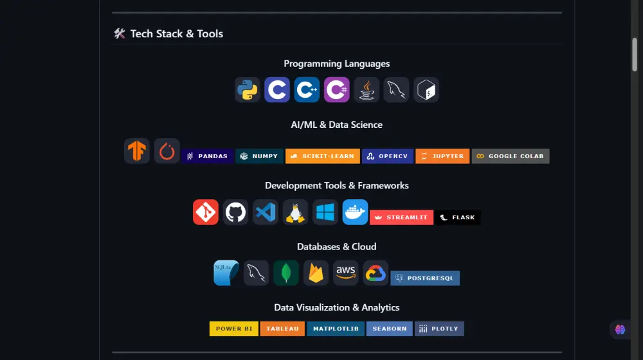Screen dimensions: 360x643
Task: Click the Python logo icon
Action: click(248, 90)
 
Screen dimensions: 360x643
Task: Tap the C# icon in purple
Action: click(337, 90)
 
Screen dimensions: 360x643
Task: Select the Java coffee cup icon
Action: click(367, 90)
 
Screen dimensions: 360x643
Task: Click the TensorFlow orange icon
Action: click(137, 151)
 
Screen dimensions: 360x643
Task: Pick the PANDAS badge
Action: click(207, 156)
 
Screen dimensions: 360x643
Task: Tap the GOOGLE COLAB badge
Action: click(511, 156)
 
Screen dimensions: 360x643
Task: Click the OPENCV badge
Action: click(387, 156)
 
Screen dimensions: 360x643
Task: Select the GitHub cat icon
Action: click(236, 212)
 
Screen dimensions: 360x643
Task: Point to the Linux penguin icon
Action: click(295, 212)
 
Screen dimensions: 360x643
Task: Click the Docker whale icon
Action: click(355, 212)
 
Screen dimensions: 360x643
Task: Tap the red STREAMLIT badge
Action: click(401, 217)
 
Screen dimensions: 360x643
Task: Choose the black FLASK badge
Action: click(458, 217)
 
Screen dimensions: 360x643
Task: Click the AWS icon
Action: click(346, 273)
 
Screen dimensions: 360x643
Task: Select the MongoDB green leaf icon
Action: click(286, 273)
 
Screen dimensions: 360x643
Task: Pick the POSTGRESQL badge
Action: click(425, 278)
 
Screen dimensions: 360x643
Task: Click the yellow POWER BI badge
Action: click(234, 328)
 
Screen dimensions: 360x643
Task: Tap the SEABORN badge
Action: click(390, 328)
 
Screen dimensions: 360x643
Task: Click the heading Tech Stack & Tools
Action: click(176, 33)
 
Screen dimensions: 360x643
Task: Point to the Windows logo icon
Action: click(325, 212)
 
